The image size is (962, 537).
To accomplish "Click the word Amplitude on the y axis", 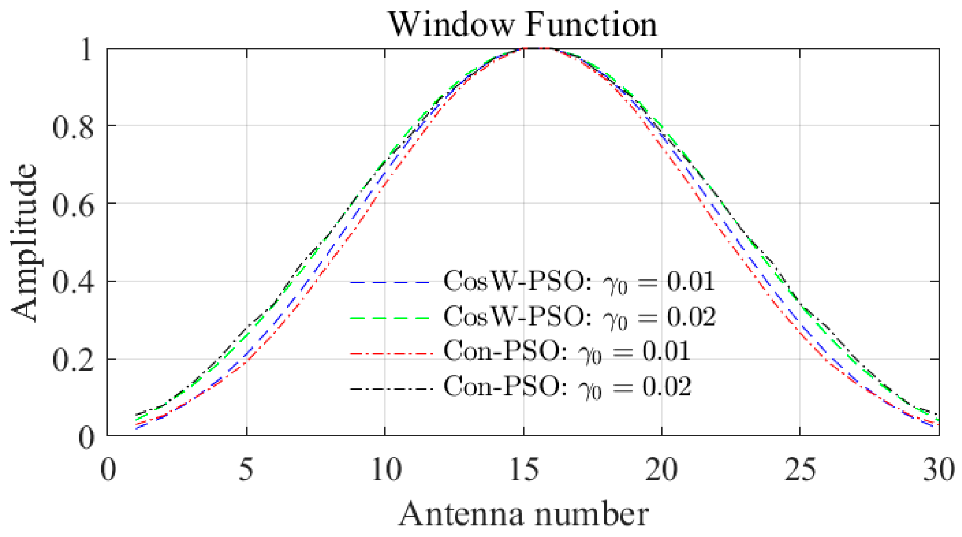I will coord(24,242).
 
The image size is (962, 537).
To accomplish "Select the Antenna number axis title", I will coord(523,514).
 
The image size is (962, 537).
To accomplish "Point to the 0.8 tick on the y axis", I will coord(73,127).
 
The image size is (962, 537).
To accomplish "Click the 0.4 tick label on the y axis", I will coord(73,282).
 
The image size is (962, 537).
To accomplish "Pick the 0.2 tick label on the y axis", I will coord(73,360).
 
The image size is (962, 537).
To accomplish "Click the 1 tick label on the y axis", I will coord(86,49).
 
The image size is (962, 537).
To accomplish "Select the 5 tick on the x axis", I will coord(246,469).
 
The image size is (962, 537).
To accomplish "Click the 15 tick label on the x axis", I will coord(524,469).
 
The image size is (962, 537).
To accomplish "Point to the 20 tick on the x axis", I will coord(661,469).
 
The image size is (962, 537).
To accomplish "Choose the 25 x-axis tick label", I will coord(800,469).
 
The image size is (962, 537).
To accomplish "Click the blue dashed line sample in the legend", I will coord(391,283).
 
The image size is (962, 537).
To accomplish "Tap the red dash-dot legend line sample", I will coord(391,353).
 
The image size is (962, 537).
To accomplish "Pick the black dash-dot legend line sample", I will coord(391,389).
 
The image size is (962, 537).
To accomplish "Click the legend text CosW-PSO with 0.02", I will coord(579,317).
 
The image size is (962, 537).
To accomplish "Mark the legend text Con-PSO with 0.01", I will coord(566,352).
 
